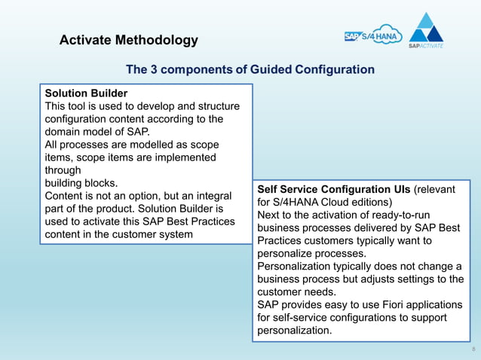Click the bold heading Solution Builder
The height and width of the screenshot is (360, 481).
86,93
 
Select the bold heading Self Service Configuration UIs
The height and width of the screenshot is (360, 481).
333,189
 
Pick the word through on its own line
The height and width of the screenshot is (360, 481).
63,170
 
